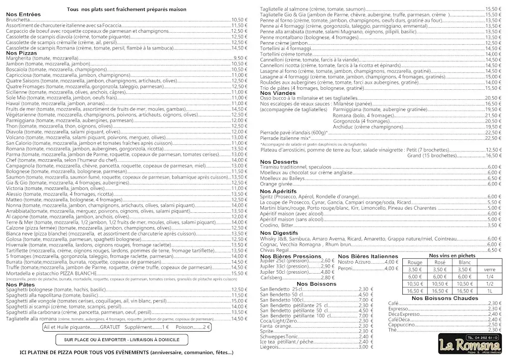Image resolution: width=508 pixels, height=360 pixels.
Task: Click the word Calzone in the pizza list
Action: [x=16, y=228]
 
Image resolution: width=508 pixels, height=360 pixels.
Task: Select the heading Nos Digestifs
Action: [x=278, y=233]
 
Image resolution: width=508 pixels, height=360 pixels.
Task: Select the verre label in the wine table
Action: [x=490, y=270]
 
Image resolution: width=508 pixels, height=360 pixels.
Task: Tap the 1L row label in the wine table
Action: [x=490, y=291]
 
